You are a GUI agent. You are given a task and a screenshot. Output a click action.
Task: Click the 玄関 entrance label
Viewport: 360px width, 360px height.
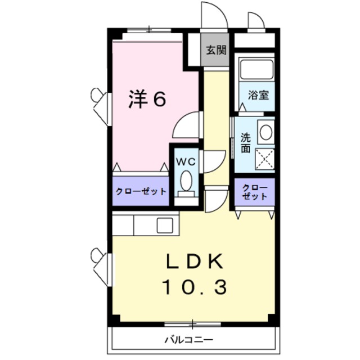pos(215,50)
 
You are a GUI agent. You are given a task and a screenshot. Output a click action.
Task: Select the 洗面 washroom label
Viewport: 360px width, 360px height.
pos(246,143)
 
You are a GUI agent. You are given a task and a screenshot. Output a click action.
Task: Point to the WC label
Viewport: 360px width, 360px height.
pos(186,161)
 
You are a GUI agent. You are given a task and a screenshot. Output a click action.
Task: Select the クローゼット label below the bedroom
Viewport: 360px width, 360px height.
pos(141,191)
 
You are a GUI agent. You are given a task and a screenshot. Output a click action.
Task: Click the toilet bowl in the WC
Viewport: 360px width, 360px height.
pos(186,181)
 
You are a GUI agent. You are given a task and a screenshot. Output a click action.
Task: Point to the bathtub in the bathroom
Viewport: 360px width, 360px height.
pos(256,70)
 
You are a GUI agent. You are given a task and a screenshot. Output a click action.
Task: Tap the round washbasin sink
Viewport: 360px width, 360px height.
pos(265,133)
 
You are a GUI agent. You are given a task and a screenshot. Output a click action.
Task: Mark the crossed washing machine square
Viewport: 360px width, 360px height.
pos(264,159)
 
